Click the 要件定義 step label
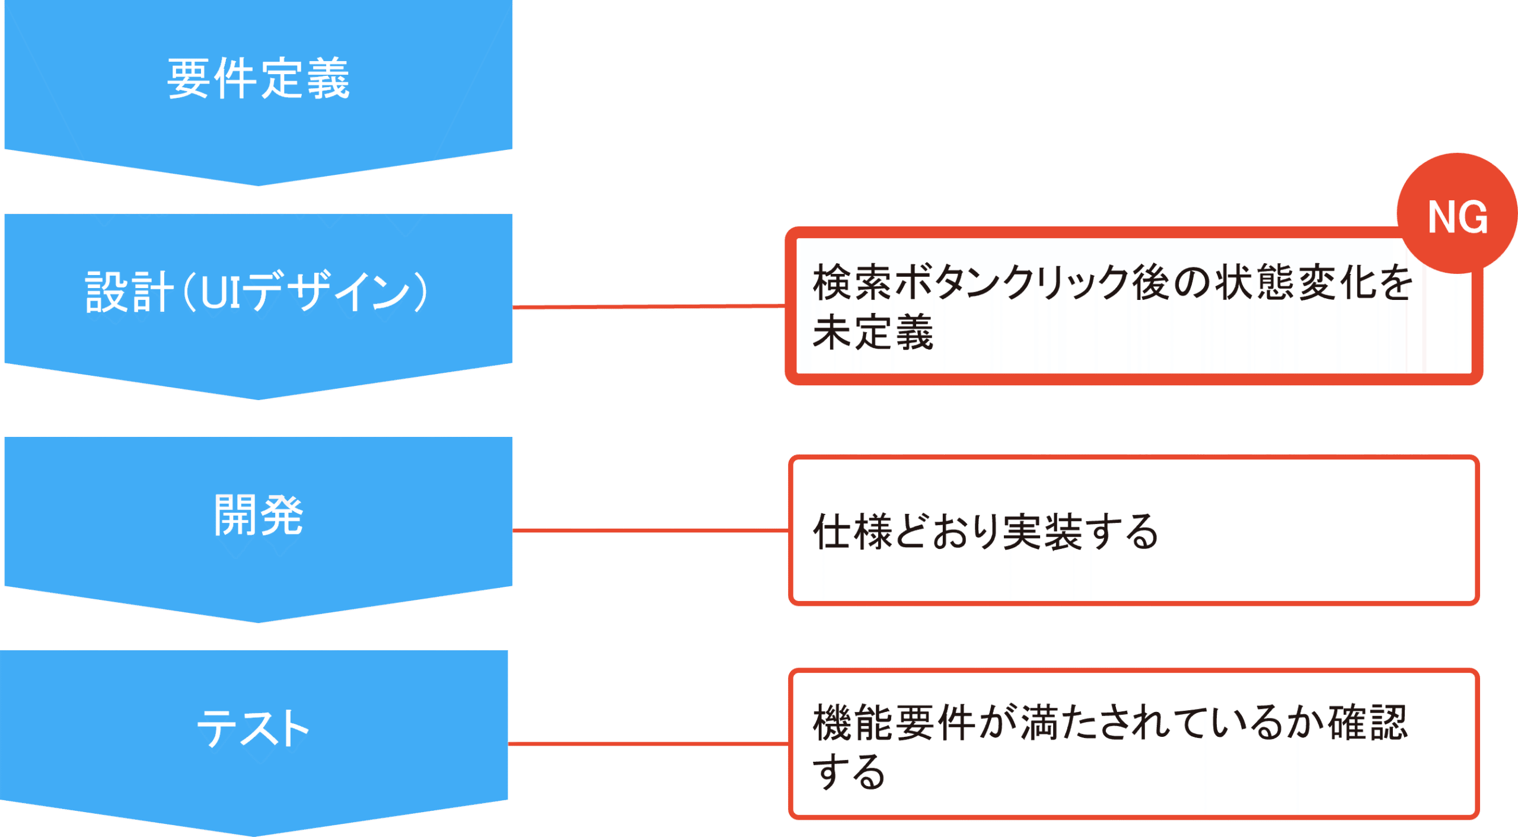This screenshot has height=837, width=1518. [x=258, y=79]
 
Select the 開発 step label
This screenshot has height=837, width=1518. [x=258, y=515]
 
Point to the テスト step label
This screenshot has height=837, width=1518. [x=253, y=728]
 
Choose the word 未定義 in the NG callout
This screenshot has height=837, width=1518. [x=872, y=333]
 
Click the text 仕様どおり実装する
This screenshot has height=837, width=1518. [x=985, y=532]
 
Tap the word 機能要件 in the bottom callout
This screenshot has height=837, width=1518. [x=894, y=723]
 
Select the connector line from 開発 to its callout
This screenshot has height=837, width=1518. [x=650, y=531]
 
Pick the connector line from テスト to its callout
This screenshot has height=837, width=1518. [x=648, y=743]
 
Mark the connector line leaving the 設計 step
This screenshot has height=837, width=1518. [x=649, y=306]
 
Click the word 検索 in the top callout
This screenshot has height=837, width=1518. [x=852, y=282]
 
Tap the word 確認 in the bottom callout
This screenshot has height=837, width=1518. [x=1367, y=723]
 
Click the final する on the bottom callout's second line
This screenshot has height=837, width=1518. [x=849, y=772]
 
